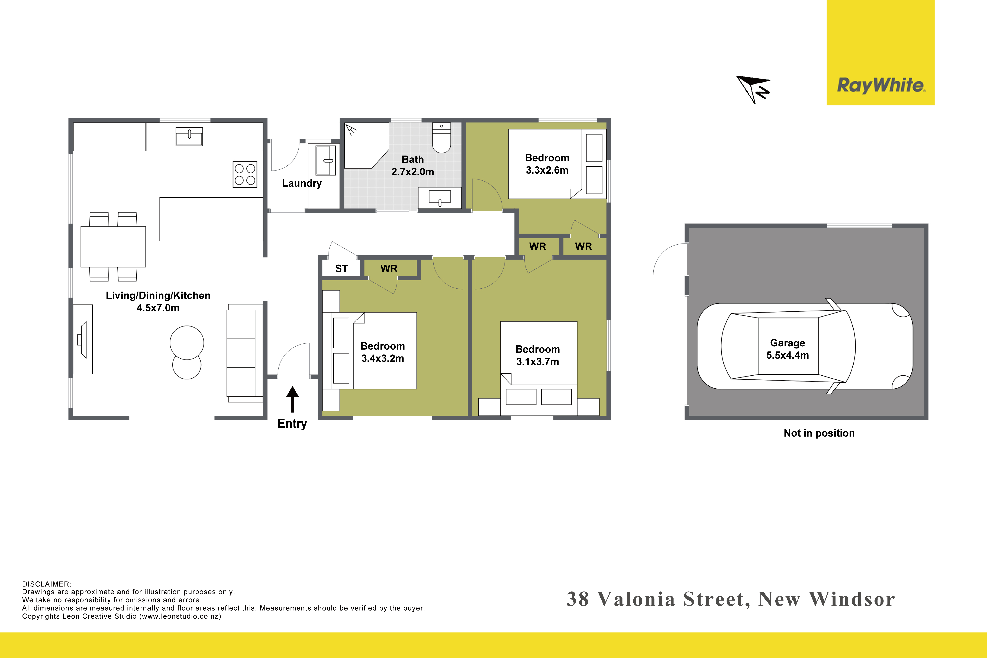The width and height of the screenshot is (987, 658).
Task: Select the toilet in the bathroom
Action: (x=441, y=138)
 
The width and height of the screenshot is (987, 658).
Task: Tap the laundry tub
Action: (x=326, y=160)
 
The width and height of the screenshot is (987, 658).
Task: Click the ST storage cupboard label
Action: (x=342, y=269)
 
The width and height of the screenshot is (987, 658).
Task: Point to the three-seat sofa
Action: (x=245, y=353)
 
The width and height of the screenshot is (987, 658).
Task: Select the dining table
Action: (x=113, y=247)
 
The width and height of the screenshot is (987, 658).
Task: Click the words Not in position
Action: (x=819, y=433)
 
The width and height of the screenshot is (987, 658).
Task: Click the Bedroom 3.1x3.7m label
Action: (x=538, y=355)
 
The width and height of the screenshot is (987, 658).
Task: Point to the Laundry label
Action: (x=302, y=183)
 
